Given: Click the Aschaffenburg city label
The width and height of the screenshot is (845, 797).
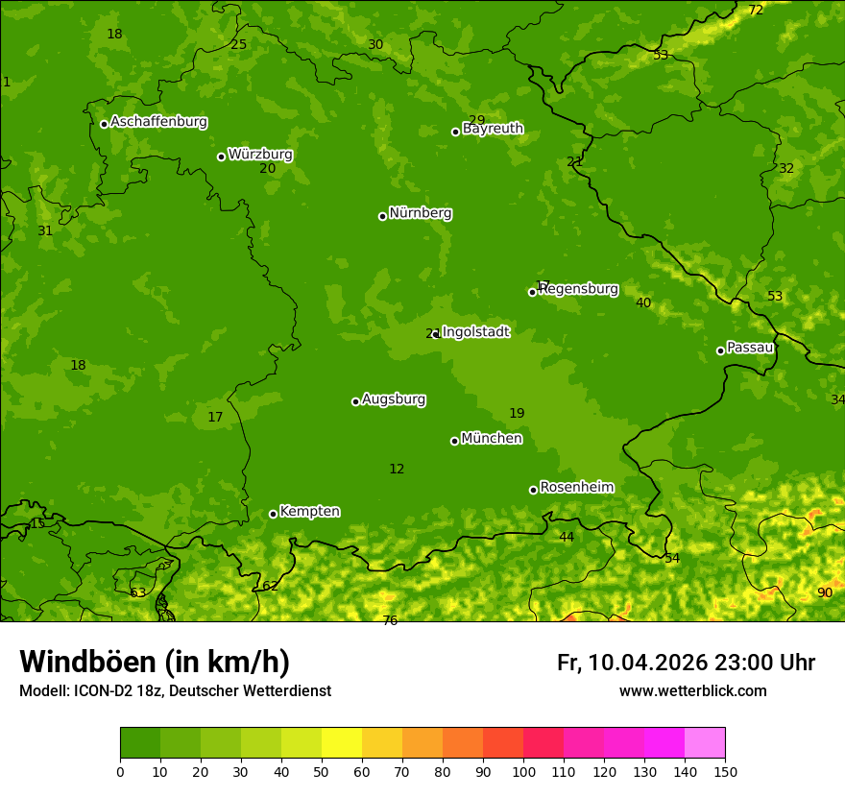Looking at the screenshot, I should pos(158,122).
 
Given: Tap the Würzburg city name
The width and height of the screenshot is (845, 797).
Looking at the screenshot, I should pos(259,155).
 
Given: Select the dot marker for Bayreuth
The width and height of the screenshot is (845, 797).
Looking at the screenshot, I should pos(455,132).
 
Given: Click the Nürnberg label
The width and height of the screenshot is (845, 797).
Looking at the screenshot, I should pos(420,213).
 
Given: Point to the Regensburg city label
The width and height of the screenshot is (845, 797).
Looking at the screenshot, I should pos(578,289).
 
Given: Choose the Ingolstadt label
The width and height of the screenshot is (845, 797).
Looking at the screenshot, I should pos(475,332).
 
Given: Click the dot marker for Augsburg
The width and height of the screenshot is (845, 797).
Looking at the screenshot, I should pos(355,401).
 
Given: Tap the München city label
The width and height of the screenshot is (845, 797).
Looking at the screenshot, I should pos(491,439).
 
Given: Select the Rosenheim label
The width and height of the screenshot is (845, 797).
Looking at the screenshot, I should pos(576,488).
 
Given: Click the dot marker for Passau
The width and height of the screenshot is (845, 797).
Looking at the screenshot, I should pos(720,350).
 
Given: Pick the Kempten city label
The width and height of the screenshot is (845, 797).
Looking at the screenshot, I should pos(309,512).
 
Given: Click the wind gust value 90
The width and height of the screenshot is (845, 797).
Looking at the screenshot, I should pos(825,592).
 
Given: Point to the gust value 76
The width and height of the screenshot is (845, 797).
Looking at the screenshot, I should pos(390,620).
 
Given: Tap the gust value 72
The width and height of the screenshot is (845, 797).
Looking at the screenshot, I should pos(756,11).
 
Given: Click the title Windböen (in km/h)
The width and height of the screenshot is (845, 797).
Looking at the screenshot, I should pos(155,662).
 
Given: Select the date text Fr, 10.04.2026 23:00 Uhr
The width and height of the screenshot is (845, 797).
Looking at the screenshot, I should pos(686,663).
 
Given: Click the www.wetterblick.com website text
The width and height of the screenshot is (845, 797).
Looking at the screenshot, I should pos(692,691).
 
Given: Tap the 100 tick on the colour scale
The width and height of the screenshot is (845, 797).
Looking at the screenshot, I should pos(523,771).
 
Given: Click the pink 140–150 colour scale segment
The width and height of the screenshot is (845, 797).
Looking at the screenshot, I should pos(705,742).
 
